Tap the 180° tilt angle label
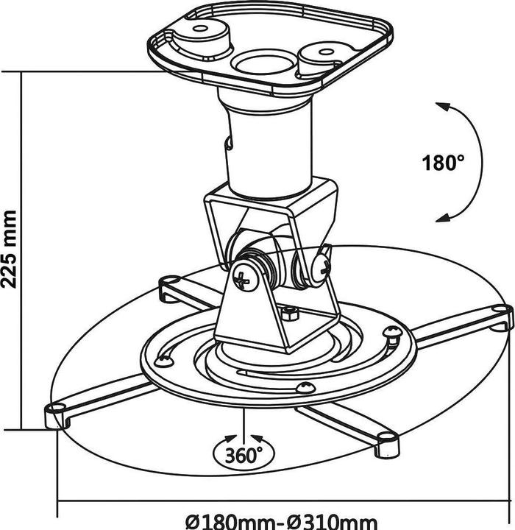(x=443, y=163)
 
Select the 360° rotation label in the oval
(x=244, y=456)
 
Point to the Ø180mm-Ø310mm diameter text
(x=281, y=522)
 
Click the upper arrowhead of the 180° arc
(x=442, y=107)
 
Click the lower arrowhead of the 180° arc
(x=442, y=218)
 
